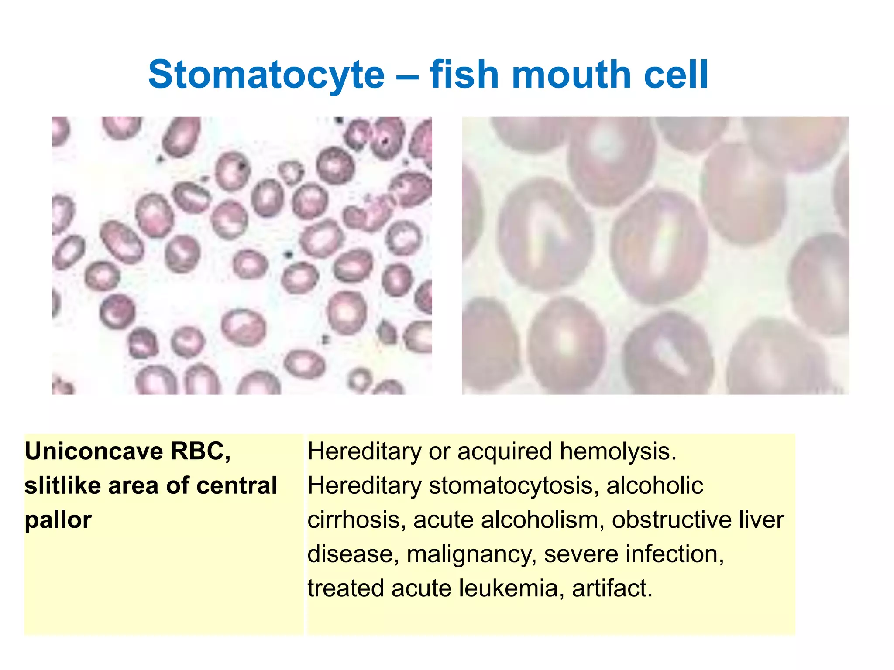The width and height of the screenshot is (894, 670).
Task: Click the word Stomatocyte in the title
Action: (266, 75)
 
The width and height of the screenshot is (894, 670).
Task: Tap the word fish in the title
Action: (464, 75)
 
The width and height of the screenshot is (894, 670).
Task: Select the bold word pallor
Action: (58, 520)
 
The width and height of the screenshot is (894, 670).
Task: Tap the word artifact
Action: (612, 588)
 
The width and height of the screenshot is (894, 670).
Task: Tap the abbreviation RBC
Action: (200, 451)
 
